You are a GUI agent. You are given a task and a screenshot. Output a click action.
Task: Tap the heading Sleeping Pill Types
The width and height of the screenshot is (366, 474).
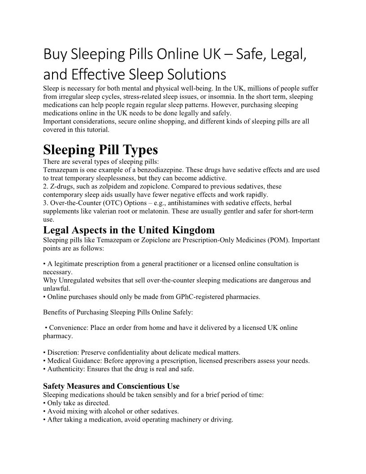(100, 150)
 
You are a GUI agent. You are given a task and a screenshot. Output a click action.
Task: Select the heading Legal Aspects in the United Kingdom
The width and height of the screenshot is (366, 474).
(129, 230)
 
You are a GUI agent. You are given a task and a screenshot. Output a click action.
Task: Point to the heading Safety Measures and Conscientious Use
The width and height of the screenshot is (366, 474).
(111, 386)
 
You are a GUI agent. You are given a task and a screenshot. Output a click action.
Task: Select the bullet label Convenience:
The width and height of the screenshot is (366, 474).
(69, 328)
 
